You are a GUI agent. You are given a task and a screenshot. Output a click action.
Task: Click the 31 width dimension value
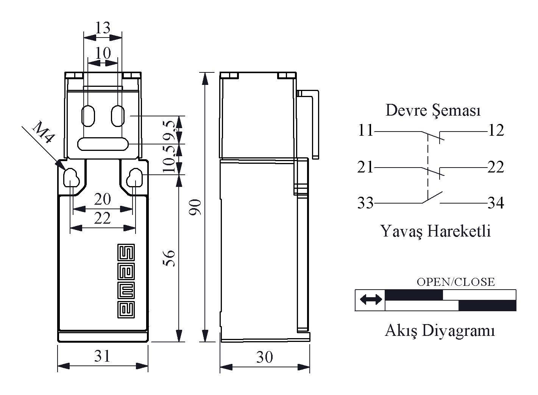102,356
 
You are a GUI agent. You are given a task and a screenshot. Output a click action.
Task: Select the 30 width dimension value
264,357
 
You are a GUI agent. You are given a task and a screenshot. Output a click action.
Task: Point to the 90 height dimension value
195,207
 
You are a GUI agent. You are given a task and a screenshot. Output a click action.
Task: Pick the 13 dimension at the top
102,28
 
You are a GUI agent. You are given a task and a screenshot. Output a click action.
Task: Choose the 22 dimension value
102,218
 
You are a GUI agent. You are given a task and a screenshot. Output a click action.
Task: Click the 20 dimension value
102,199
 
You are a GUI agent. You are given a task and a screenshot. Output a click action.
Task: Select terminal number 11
365,131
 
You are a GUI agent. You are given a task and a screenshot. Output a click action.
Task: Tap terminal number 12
496,131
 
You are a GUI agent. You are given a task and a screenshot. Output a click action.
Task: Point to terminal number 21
365,167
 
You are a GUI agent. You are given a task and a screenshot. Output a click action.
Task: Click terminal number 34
496,204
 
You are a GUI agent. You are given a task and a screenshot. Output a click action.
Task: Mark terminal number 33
365,204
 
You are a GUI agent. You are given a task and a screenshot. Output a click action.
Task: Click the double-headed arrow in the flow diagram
371,300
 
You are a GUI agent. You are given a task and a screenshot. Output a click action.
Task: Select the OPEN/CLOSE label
455,282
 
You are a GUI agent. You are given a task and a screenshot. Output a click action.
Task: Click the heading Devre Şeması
433,111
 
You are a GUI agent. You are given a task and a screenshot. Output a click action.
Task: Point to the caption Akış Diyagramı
440,331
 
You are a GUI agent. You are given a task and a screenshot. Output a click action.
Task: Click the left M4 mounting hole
71,177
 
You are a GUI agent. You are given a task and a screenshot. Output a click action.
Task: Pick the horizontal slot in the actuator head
103,144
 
